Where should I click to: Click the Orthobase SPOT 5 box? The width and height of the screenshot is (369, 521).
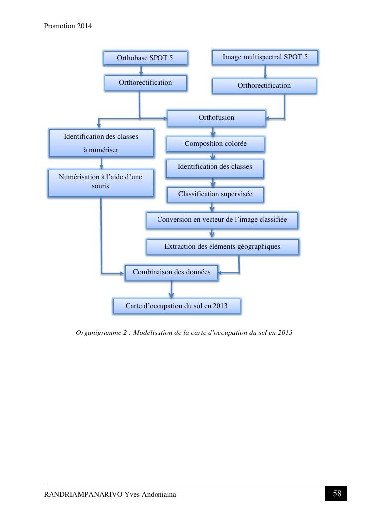[145, 58]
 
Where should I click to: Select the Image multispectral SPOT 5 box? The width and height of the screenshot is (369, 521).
[265, 57]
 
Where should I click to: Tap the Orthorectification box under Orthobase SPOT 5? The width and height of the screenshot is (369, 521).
[146, 83]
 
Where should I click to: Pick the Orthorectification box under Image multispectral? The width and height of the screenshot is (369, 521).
[264, 86]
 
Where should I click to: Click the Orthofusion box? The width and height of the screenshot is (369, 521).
[216, 118]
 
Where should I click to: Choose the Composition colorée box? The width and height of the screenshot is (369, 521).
[215, 144]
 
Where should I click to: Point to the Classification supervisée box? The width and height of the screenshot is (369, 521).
[215, 194]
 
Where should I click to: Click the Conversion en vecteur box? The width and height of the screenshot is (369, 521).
[222, 220]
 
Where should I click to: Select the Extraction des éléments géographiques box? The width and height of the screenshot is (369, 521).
[222, 247]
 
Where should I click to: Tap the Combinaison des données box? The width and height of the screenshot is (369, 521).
[171, 272]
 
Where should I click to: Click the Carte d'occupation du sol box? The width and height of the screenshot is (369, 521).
[176, 306]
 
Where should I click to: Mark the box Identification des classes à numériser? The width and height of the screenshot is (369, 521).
[101, 143]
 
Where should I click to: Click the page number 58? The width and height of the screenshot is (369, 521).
[337, 494]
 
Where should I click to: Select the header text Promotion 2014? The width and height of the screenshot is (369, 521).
[68, 26]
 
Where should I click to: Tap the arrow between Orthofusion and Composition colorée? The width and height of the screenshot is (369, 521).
[213, 132]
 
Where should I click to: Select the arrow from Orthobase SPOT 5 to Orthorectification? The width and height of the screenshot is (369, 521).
[141, 70]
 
